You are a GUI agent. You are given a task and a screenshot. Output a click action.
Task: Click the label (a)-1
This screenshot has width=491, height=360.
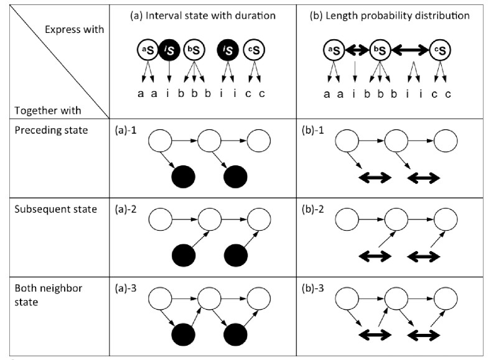pyautogui.click(x=126, y=130)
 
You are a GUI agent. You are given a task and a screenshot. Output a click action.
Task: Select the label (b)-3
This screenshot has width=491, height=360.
pyautogui.click(x=312, y=288)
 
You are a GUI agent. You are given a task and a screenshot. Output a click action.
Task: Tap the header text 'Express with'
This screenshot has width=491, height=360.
pyautogui.click(x=74, y=29)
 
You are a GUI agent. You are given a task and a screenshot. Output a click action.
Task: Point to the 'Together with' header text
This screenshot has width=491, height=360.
pyautogui.click(x=47, y=111)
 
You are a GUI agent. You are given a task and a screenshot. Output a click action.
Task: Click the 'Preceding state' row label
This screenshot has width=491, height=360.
pyautogui.click(x=52, y=130)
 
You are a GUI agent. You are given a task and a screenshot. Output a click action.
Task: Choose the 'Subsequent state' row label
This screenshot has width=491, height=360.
pyautogui.click(x=56, y=210)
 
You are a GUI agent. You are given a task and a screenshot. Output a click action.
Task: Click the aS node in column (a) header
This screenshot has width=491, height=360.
pyautogui.click(x=147, y=50)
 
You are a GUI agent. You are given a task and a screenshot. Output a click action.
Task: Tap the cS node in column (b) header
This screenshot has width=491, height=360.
pyautogui.click(x=440, y=50)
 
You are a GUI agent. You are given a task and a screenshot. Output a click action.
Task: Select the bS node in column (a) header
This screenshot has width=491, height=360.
pyautogui.click(x=194, y=50)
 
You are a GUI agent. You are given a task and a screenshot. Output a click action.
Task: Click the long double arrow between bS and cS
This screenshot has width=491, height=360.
pyautogui.click(x=410, y=50)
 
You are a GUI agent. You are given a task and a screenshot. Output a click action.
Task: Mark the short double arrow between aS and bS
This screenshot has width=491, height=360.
pyautogui.click(x=357, y=50)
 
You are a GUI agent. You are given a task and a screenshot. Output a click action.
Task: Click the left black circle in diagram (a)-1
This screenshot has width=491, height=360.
pyautogui.click(x=184, y=177)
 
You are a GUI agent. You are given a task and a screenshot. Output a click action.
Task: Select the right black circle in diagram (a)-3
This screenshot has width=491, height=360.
pyautogui.click(x=235, y=335)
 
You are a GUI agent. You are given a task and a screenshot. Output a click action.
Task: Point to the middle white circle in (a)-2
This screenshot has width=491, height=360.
pyautogui.click(x=210, y=219)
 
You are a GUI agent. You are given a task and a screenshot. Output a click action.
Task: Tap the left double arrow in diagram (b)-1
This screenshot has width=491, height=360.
pyautogui.click(x=375, y=178)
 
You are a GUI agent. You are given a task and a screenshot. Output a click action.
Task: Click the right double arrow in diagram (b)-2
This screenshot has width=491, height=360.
pyautogui.click(x=424, y=257)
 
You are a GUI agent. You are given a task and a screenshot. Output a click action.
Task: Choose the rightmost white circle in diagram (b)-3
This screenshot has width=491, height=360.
pyautogui.click(x=446, y=298)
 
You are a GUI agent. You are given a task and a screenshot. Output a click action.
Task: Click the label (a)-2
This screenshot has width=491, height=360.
pyautogui.click(x=126, y=210)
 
